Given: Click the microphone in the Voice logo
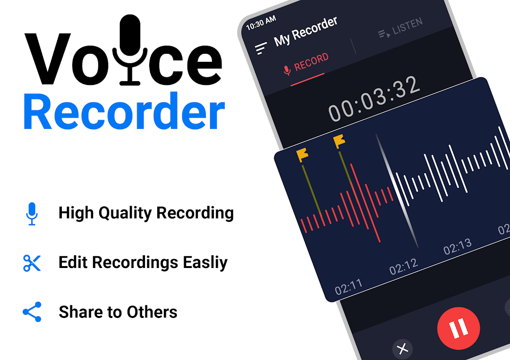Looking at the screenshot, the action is pyautogui.click(x=130, y=49).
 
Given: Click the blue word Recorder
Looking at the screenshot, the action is pyautogui.click(x=124, y=111).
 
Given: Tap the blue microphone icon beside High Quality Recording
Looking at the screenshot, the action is pyautogui.click(x=32, y=214).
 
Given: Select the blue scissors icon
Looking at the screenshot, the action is pyautogui.click(x=32, y=263).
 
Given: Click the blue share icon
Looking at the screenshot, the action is pyautogui.click(x=32, y=312).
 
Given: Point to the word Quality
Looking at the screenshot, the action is pyautogui.click(x=125, y=213).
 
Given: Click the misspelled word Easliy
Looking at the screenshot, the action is pyautogui.click(x=205, y=263).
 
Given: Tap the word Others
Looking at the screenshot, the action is pyautogui.click(x=152, y=312).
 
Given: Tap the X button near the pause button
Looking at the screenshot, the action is pyautogui.click(x=402, y=349).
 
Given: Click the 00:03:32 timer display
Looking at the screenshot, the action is pyautogui.click(x=374, y=99).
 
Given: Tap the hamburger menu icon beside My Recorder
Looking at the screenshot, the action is pyautogui.click(x=261, y=48).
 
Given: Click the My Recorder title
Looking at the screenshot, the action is pyautogui.click(x=306, y=31).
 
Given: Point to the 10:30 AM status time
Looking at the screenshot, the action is pyautogui.click(x=261, y=23).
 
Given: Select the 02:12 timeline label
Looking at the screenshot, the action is pyautogui.click(x=403, y=267).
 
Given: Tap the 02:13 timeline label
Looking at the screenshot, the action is pyautogui.click(x=457, y=246).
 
